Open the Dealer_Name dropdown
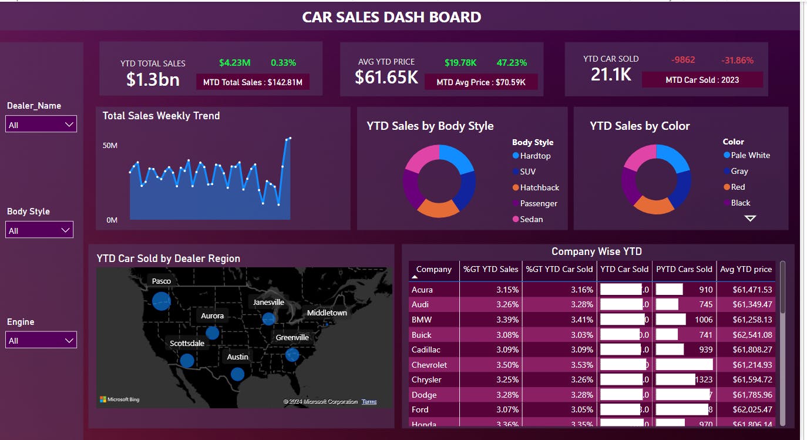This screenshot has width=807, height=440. pos(41,125)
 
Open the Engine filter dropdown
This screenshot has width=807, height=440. pos(41,340)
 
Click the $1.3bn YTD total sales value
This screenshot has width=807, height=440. pos(153,79)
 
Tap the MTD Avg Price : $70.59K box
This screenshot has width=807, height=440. pos(481,82)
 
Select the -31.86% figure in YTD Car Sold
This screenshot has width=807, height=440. pos(737,60)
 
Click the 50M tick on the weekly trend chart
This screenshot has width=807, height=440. pos(110,145)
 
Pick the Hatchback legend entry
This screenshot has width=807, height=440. pos(539,187)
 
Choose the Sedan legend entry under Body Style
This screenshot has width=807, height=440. pos(531,219)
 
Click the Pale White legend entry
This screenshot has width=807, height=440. pos(750,155)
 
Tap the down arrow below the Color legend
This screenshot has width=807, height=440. pos(750,218)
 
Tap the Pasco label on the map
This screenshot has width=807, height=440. pos(161,281)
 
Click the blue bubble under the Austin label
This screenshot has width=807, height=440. pos(237,374)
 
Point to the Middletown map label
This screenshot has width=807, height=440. pos(327,313)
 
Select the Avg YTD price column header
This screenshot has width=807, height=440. pos(745,269)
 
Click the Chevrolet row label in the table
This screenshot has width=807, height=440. pos(429,365)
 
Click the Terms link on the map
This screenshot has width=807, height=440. pos(369,402)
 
